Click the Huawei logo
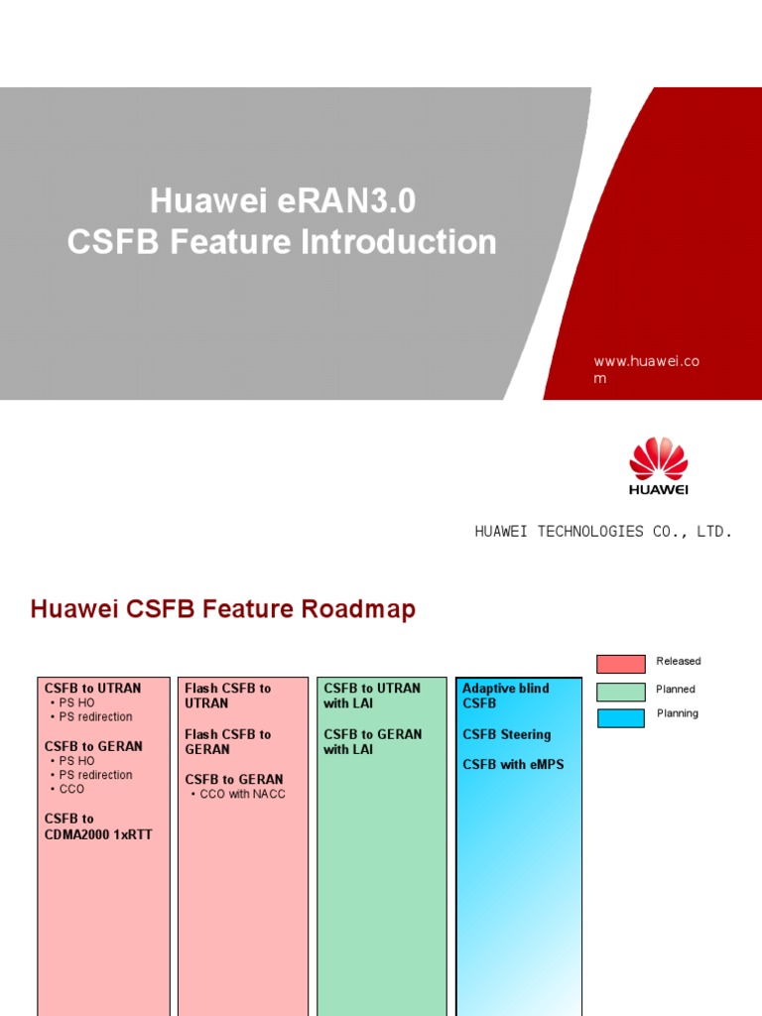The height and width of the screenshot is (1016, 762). coord(658,465)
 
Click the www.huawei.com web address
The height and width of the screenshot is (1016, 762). coord(646,369)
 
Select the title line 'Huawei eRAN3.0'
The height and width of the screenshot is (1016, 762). coord(283,201)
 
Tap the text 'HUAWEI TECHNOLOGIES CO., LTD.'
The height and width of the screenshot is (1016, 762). coord(603,532)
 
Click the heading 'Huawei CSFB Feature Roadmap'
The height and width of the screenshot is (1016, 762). coord(223,609)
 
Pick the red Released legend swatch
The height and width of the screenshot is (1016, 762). coord(621,663)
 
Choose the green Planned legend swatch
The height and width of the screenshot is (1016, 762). coord(621,691)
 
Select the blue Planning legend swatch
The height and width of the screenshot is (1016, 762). coord(621,717)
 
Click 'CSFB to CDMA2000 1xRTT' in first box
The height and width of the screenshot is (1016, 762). coord(98,826)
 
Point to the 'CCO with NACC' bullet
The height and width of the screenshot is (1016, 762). coord(242,795)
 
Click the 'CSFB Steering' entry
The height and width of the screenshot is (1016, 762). coord(506,735)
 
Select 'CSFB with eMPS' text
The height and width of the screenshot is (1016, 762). coord(512,765)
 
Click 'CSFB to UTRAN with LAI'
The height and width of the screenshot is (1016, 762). coord(372,696)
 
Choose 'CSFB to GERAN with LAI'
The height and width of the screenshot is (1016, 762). coord(372,742)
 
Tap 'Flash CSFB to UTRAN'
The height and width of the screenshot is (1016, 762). coord(227,696)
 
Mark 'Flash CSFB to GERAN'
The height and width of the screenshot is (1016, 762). coord(227,742)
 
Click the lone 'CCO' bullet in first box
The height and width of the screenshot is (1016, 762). coord(71,790)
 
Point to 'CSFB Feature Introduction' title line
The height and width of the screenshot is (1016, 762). coord(283,242)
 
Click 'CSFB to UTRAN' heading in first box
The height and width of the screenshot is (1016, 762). coord(93,688)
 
